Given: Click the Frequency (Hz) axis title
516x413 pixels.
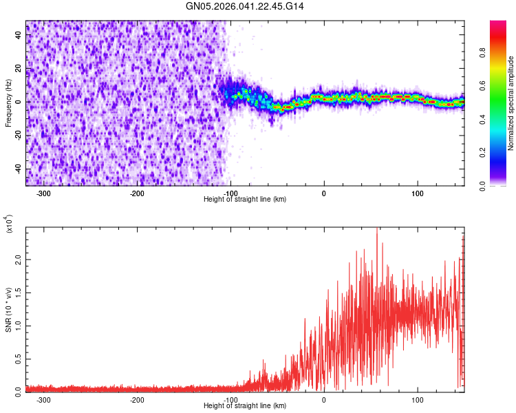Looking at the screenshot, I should coord(8,103).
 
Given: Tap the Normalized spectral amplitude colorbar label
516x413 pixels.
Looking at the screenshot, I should coord(510,103).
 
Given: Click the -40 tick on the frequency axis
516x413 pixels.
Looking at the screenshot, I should coord(18,169).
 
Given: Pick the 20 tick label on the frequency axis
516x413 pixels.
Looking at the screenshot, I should coord(18,69).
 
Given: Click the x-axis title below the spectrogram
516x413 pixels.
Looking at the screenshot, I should coord(245,200).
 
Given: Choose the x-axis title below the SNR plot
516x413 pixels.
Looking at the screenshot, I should coord(245,406).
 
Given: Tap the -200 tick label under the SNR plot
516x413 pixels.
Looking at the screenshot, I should coord(137,400).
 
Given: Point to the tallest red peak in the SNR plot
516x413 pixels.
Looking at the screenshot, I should coord(376,229).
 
